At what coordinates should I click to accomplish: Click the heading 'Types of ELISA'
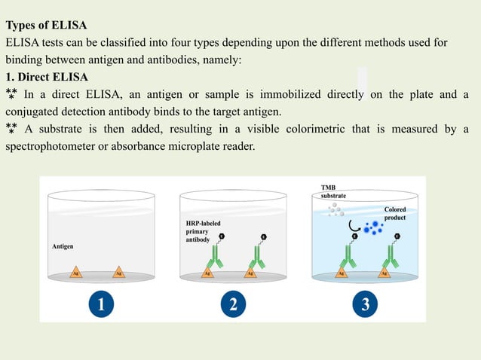point(47,26)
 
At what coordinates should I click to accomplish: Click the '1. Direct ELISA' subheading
point(47,77)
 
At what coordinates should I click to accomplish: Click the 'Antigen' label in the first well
point(62,246)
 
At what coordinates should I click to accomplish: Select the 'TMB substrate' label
point(334,191)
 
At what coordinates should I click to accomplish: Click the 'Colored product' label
point(395,213)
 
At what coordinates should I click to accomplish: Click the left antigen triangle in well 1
point(76,272)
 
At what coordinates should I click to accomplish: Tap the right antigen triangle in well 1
point(118,272)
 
